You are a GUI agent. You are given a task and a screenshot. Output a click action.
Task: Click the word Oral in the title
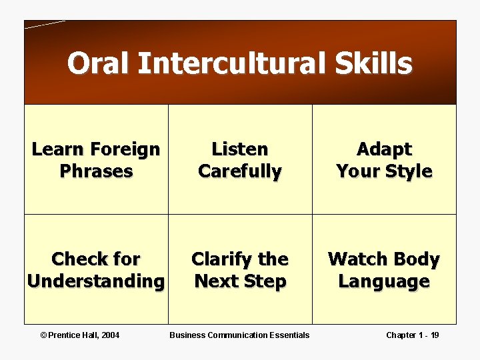99,64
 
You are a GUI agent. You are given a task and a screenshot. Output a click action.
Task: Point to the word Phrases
96,171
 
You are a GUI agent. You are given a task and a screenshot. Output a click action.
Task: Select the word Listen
239,149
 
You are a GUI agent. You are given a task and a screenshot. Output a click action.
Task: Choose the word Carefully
239,171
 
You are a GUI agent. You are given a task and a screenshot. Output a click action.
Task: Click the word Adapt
384,149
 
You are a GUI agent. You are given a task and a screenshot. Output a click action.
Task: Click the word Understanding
95,281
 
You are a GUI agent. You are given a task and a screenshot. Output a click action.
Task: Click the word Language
384,281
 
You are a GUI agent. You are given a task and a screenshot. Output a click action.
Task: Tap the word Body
418,259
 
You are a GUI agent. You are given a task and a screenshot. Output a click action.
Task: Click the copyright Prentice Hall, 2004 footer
81,335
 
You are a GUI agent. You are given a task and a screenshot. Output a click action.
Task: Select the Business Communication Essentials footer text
239,335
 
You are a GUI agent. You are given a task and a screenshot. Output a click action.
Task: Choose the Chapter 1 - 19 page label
412,335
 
